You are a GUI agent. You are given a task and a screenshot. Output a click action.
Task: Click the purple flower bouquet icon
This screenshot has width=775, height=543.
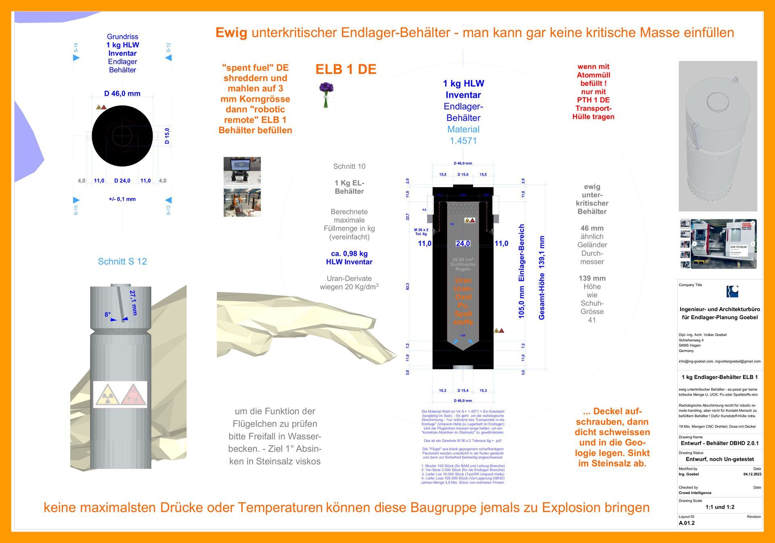tap(326, 94)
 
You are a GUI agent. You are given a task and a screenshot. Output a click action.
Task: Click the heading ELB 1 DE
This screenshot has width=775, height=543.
tap(346, 69)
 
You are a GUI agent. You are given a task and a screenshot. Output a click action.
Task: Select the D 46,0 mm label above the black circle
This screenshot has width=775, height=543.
tap(122, 93)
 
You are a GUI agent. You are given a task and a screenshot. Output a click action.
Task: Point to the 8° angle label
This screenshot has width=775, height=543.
tap(107, 314)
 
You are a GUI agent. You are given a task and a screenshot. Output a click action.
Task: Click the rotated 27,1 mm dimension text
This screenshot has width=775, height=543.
tap(134, 303)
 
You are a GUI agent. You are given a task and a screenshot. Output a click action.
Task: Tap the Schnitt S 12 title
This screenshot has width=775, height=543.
tap(122, 261)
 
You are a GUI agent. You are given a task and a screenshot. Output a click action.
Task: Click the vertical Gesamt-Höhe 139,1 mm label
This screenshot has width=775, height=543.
tap(542, 278)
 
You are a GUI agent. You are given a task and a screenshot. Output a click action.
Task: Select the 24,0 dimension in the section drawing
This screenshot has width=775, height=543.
tap(463, 243)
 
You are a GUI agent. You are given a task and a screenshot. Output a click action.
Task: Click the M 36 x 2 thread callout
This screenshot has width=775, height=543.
tap(421, 232)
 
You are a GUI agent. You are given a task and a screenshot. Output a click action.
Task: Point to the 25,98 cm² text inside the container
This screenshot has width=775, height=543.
tap(463, 260)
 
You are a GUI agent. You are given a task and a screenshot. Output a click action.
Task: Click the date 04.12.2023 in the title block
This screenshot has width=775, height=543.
tap(752, 474)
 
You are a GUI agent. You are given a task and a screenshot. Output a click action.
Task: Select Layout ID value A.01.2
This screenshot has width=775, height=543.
tap(687, 523)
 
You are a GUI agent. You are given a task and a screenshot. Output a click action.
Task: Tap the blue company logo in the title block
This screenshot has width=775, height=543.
tap(732, 291)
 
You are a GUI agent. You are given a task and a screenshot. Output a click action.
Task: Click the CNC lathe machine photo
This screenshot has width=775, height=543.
tap(723, 244)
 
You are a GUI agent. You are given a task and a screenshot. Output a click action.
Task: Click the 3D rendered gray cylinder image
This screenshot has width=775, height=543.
tap(718, 136)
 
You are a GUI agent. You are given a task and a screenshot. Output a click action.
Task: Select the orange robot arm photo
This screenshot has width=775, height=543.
tap(242, 202)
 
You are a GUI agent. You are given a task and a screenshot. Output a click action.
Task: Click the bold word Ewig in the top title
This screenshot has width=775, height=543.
tap(231, 32)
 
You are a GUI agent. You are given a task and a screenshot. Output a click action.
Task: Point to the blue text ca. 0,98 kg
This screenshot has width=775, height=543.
tap(349, 253)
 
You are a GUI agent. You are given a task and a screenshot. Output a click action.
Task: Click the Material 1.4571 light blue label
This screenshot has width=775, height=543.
tap(463, 135)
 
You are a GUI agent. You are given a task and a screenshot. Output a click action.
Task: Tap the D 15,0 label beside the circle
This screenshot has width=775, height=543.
tap(167, 136)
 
